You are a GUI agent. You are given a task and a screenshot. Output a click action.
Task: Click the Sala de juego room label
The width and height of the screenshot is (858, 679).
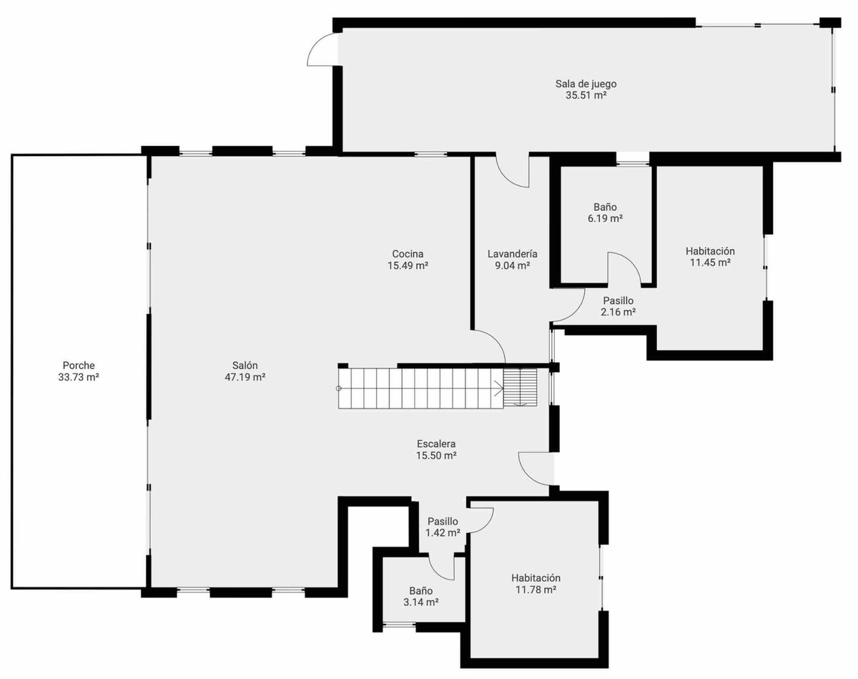(x=586, y=84)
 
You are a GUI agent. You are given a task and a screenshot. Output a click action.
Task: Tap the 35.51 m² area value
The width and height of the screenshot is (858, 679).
(x=586, y=95)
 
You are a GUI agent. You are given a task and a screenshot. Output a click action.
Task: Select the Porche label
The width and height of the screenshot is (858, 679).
(x=79, y=365)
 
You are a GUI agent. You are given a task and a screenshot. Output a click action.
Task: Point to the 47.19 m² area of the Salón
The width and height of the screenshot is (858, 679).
(x=245, y=377)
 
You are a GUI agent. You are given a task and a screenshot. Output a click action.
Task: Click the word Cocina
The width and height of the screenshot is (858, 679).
(x=408, y=254)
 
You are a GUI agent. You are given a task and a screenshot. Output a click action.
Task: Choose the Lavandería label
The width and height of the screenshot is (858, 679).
(x=513, y=254)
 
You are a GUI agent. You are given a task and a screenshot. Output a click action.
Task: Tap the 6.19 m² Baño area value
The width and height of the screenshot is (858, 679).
(x=605, y=219)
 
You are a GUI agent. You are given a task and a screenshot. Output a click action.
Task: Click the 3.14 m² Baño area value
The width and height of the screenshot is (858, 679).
(x=420, y=602)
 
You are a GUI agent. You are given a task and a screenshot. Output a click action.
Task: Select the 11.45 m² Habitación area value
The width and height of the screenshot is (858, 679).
(x=710, y=263)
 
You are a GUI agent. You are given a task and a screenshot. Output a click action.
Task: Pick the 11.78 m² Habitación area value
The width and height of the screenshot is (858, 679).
(x=536, y=590)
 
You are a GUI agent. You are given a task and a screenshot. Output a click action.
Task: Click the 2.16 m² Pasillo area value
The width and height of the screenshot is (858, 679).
(x=618, y=312)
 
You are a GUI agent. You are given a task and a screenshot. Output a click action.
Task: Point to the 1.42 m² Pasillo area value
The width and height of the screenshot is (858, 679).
(x=443, y=532)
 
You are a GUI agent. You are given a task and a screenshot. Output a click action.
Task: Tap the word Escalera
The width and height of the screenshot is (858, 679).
(x=436, y=444)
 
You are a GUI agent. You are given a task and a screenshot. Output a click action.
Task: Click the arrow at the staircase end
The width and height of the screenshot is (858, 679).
(x=498, y=389)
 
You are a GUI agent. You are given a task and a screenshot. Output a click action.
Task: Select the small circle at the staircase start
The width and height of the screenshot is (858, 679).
(x=339, y=389)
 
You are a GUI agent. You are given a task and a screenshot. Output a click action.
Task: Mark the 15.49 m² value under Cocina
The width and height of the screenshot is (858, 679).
(x=408, y=265)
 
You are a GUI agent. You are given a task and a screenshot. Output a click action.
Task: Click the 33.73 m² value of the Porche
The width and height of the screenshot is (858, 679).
(x=79, y=377)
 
